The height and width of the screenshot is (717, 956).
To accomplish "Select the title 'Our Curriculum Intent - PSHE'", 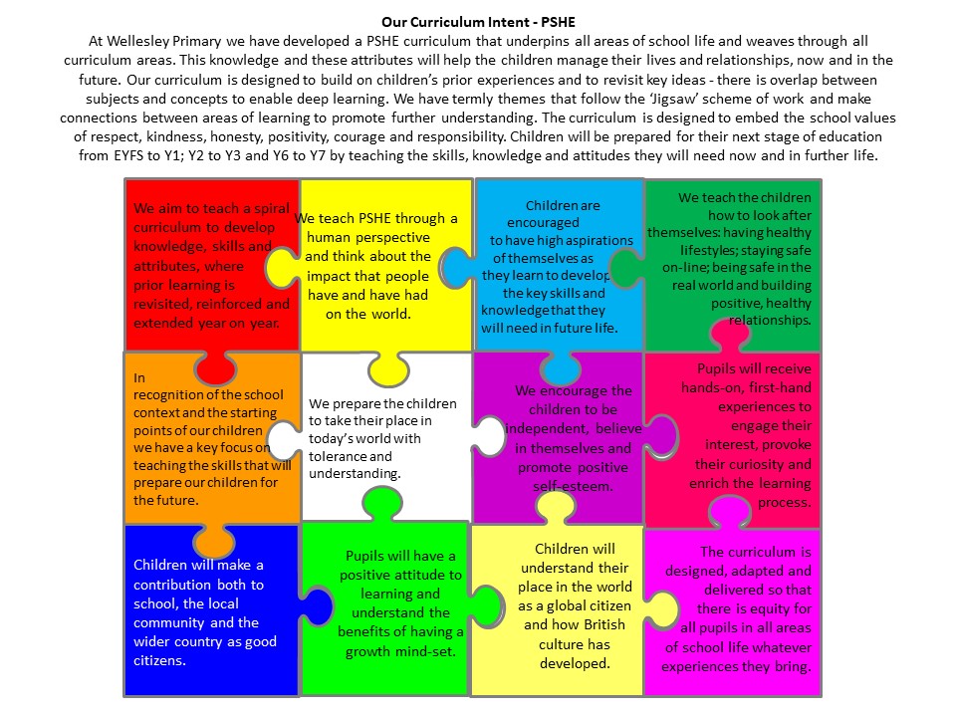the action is (x=478, y=23).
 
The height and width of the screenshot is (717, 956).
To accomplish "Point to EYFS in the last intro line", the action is (x=127, y=155).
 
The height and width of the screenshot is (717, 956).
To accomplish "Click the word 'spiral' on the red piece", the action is (x=271, y=208).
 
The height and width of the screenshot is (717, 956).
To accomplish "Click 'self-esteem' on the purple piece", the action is (x=573, y=487).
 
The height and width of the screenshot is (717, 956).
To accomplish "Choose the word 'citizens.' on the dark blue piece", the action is (x=159, y=660).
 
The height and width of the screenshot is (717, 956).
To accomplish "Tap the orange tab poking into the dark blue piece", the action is (x=214, y=539).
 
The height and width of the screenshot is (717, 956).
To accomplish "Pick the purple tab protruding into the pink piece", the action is (x=661, y=436).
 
